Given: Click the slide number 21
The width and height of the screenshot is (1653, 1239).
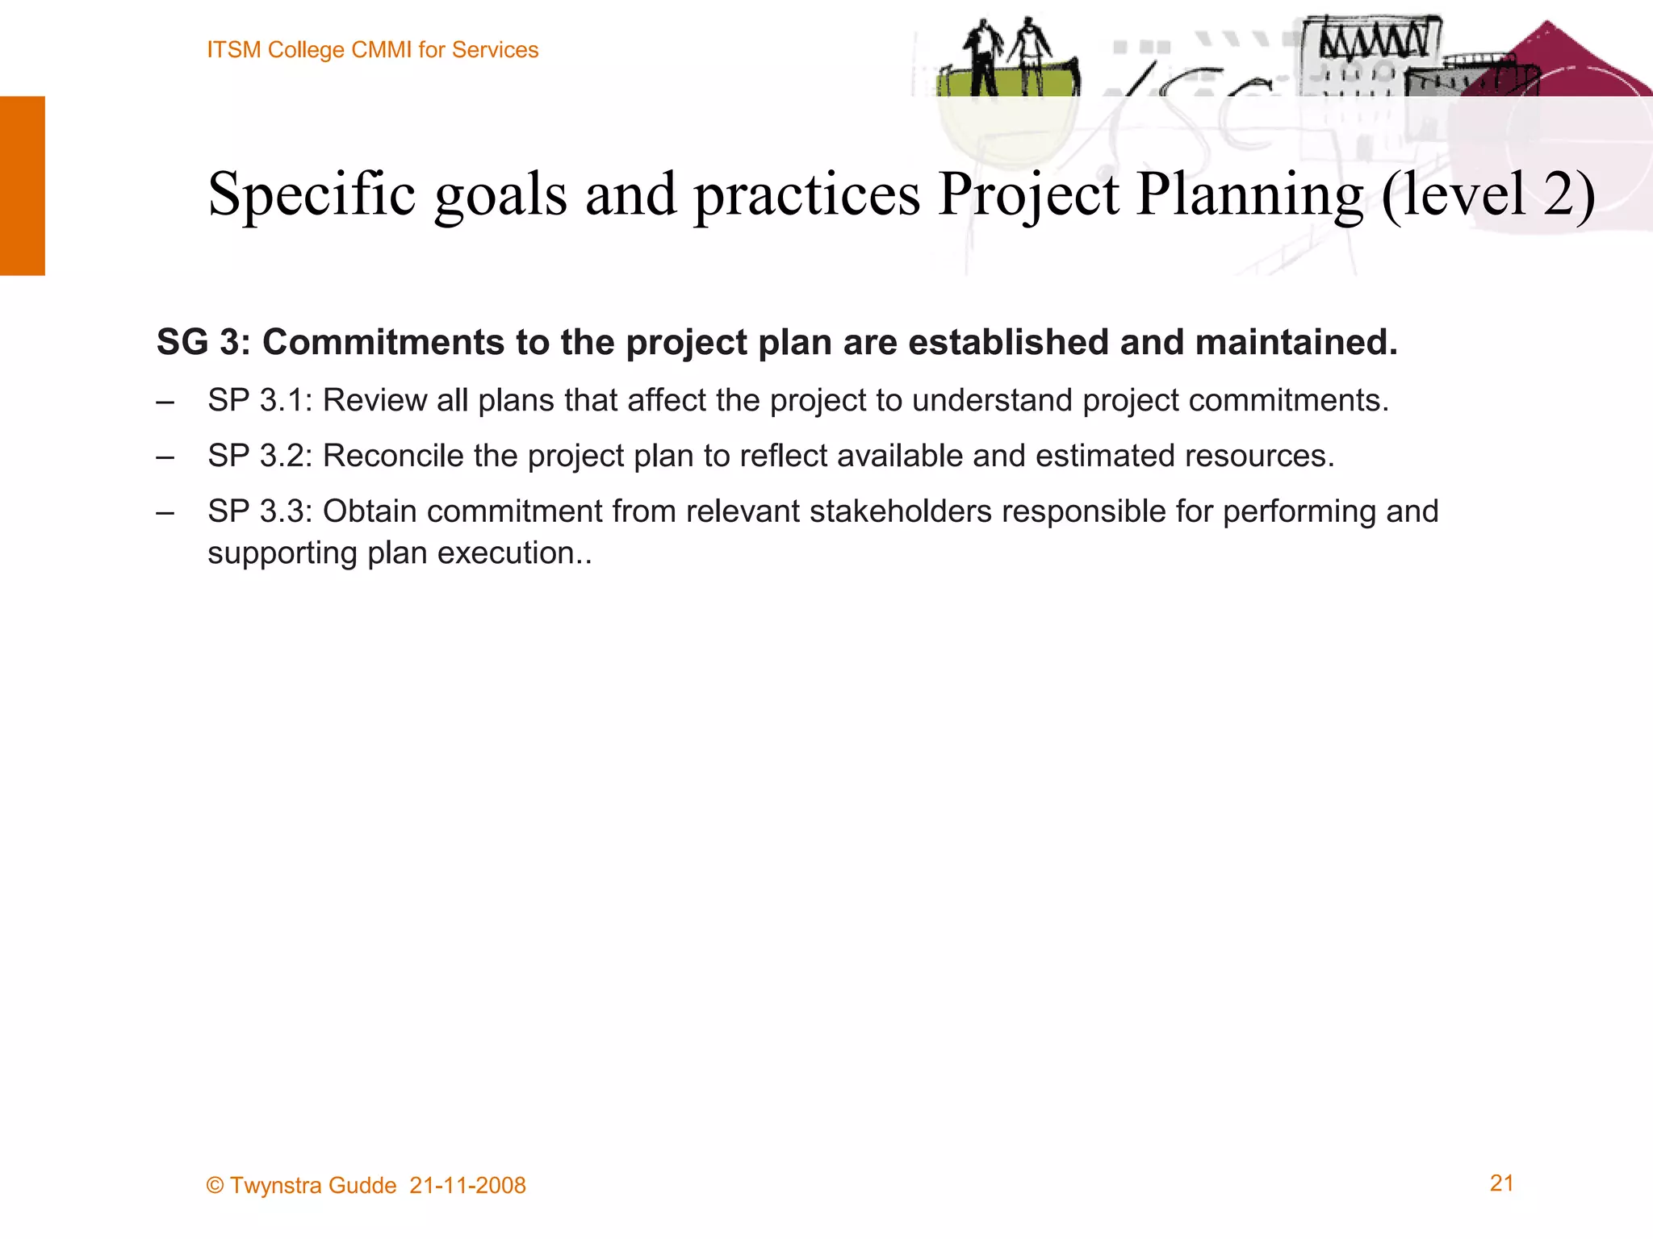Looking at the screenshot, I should pyautogui.click(x=1501, y=1183).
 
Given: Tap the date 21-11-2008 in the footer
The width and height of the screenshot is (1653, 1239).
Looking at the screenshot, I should pyautogui.click(x=467, y=1185).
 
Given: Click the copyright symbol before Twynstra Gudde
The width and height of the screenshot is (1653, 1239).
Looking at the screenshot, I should pyautogui.click(x=215, y=1185).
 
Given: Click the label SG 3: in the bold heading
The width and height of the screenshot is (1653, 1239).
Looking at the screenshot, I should pyautogui.click(x=203, y=342).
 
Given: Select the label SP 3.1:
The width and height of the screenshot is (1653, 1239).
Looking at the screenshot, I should pyautogui.click(x=259, y=400).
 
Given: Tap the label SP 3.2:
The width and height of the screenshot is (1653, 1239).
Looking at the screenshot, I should pyautogui.click(x=259, y=456).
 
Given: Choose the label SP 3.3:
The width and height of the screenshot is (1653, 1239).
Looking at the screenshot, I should pyautogui.click(x=259, y=511).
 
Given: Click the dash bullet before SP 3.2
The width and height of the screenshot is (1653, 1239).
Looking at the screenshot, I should pyautogui.click(x=165, y=457).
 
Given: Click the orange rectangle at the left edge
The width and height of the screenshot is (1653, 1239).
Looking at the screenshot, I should pyautogui.click(x=23, y=186).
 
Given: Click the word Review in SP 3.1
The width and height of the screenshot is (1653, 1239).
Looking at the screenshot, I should pyautogui.click(x=375, y=400).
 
